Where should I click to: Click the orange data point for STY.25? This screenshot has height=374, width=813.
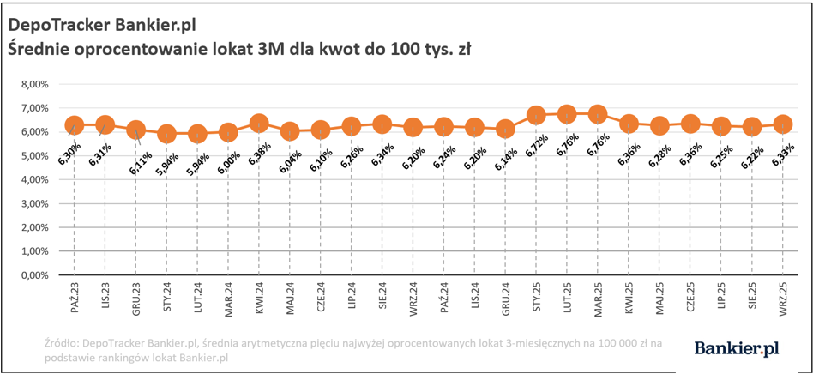pyautogui.click(x=537, y=115)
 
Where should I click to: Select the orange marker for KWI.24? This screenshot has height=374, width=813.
pyautogui.click(x=259, y=124)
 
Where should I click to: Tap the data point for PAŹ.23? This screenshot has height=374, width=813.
pyautogui.click(x=75, y=125)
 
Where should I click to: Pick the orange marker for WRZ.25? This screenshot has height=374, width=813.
pyautogui.click(x=783, y=124)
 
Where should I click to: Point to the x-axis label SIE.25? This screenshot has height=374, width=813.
pyautogui.click(x=751, y=298)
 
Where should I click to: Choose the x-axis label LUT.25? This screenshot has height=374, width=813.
pyautogui.click(x=567, y=298)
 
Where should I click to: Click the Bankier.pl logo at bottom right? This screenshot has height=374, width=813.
pyautogui.click(x=736, y=347)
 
